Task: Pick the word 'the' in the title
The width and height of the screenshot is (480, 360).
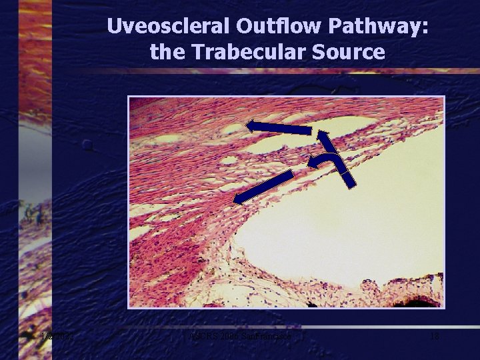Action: [x=166, y=51]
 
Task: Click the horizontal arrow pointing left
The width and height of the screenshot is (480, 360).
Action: [x=279, y=127]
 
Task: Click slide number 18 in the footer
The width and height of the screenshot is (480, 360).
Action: [x=434, y=337]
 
